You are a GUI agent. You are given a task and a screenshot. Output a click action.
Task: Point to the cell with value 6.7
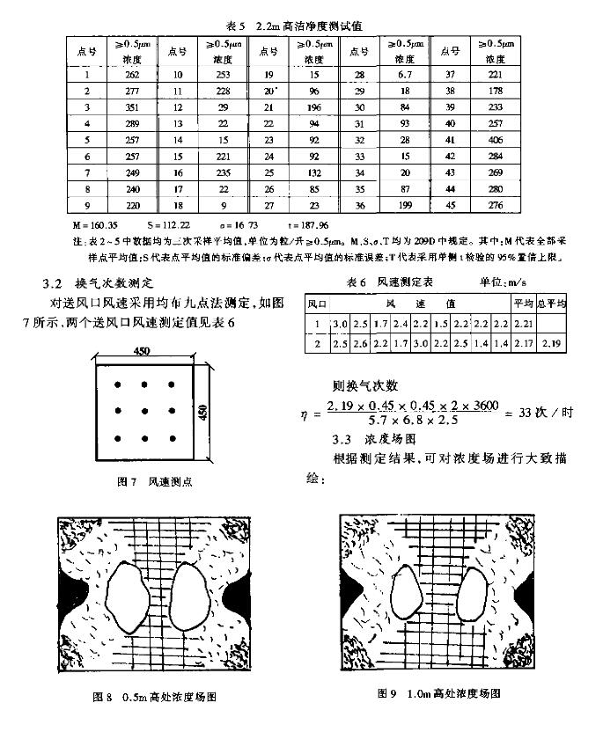point(404,76)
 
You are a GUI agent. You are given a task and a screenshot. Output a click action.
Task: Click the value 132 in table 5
point(314,172)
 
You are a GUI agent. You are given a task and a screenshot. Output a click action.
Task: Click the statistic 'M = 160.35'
point(96,223)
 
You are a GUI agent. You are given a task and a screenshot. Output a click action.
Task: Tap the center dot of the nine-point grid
point(143,411)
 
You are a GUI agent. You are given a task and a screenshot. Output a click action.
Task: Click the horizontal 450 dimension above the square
point(143,351)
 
